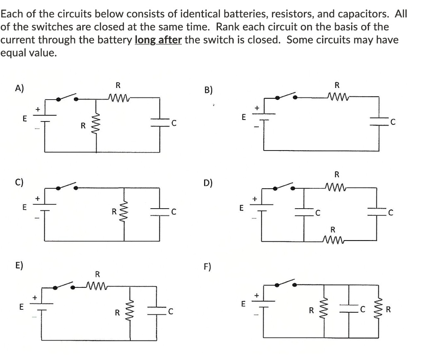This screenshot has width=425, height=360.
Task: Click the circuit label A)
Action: (x=20, y=88)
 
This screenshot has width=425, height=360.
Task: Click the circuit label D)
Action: (x=209, y=183)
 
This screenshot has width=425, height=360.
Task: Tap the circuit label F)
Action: (x=208, y=266)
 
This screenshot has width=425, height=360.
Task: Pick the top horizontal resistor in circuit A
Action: (x=118, y=98)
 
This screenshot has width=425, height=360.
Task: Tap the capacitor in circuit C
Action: (x=160, y=212)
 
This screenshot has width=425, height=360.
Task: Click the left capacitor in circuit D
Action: (x=305, y=213)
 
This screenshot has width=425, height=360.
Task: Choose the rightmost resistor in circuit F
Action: (x=379, y=309)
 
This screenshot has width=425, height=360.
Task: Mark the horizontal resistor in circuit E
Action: (x=97, y=286)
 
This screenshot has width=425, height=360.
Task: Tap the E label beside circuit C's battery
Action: (x=24, y=206)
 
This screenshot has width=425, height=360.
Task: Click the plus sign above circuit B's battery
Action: (x=256, y=107)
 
